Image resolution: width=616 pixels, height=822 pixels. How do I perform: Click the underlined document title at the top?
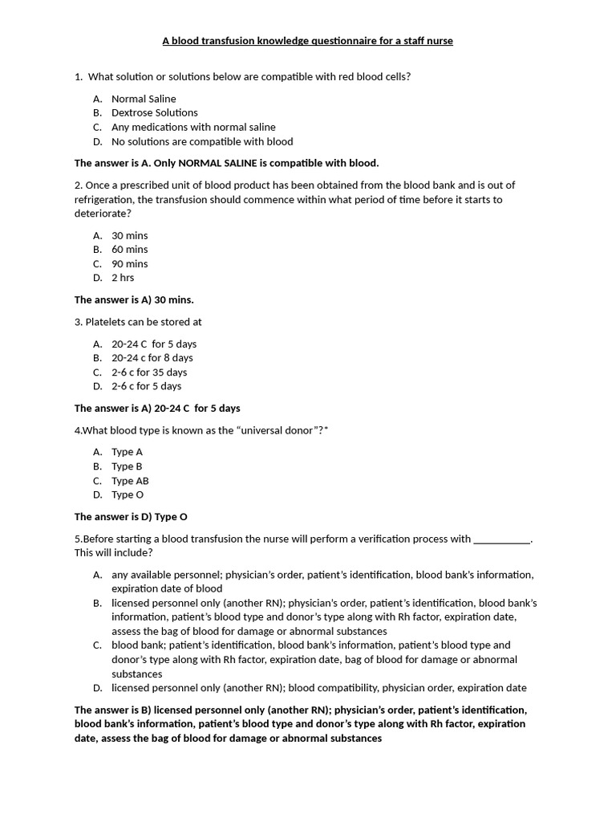pos(308,41)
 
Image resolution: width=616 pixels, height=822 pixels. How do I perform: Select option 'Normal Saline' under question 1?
pos(144,99)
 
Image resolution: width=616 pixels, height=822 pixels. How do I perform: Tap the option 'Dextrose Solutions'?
pos(154,113)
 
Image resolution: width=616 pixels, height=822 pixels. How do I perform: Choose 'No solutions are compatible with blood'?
pos(202,141)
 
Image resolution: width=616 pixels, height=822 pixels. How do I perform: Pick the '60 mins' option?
pos(129,250)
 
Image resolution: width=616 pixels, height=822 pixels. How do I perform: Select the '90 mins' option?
pos(129,264)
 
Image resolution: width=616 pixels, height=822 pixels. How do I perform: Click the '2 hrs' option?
pos(123,278)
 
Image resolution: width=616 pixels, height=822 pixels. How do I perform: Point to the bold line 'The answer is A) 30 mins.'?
pos(134,300)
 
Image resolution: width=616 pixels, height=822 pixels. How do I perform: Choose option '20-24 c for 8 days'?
pos(152,358)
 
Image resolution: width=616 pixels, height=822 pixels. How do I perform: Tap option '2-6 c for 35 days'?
pos(149,372)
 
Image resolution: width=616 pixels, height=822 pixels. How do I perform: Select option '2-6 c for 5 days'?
pos(146,386)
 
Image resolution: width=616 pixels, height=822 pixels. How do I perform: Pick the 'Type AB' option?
pos(130,481)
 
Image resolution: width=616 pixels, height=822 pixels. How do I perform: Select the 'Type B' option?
pos(127,466)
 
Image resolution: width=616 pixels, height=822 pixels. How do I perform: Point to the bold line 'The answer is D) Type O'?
pos(131,517)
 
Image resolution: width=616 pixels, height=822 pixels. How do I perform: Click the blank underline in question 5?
pos(502,539)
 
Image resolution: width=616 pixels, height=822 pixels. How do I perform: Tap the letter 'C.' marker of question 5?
pos(97,645)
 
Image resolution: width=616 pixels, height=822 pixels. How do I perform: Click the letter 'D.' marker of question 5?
pos(97,688)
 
